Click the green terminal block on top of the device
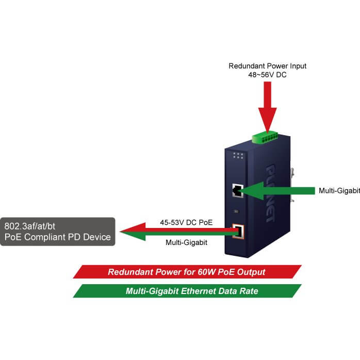(x=265, y=137)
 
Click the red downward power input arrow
(x=268, y=107)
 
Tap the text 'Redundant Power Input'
(x=268, y=66)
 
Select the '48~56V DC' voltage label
(x=268, y=75)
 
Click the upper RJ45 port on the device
(x=238, y=190)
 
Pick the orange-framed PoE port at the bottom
(x=238, y=231)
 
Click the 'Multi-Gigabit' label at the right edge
(x=339, y=190)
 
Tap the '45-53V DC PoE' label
(x=186, y=222)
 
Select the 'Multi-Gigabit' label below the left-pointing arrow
(x=186, y=242)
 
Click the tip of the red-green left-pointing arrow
(x=120, y=232)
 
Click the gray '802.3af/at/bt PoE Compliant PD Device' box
(x=58, y=232)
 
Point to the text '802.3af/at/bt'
(x=30, y=226)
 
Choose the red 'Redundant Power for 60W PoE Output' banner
(x=187, y=272)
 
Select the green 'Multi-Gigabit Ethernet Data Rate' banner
(x=187, y=291)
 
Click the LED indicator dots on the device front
(x=238, y=155)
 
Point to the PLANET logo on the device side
(x=270, y=193)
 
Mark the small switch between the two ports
(x=236, y=211)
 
